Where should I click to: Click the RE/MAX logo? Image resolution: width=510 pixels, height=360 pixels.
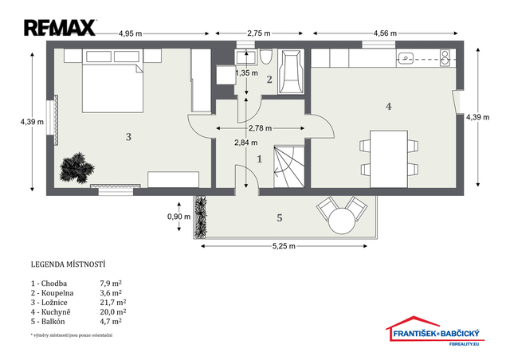61,28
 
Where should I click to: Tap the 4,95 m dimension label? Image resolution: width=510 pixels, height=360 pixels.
130,33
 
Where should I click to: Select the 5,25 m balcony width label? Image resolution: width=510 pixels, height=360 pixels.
284,246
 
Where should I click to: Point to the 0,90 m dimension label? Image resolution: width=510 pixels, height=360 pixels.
178,217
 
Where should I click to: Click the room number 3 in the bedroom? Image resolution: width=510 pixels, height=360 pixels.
128,137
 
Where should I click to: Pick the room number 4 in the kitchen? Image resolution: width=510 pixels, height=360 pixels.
388,107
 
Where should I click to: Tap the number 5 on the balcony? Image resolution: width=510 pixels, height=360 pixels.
280,218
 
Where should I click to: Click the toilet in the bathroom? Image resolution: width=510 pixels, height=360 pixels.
265,57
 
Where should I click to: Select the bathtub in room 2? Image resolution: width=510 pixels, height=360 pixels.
291,72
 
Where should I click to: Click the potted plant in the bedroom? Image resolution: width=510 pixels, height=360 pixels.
76,168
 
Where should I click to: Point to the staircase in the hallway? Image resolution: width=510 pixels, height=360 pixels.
289,166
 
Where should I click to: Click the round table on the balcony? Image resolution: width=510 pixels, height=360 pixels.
342,221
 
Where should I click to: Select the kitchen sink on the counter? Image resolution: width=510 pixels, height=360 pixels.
405,58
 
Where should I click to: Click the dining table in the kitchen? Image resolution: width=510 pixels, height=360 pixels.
389,158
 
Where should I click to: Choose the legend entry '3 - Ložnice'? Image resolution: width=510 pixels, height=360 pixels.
49,303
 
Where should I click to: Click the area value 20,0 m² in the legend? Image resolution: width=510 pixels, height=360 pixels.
113,312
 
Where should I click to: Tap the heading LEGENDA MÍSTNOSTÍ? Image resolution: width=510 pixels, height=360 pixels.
68,264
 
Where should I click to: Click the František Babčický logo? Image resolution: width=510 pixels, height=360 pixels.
435,331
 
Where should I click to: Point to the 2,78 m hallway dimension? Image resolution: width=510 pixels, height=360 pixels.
261,128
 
